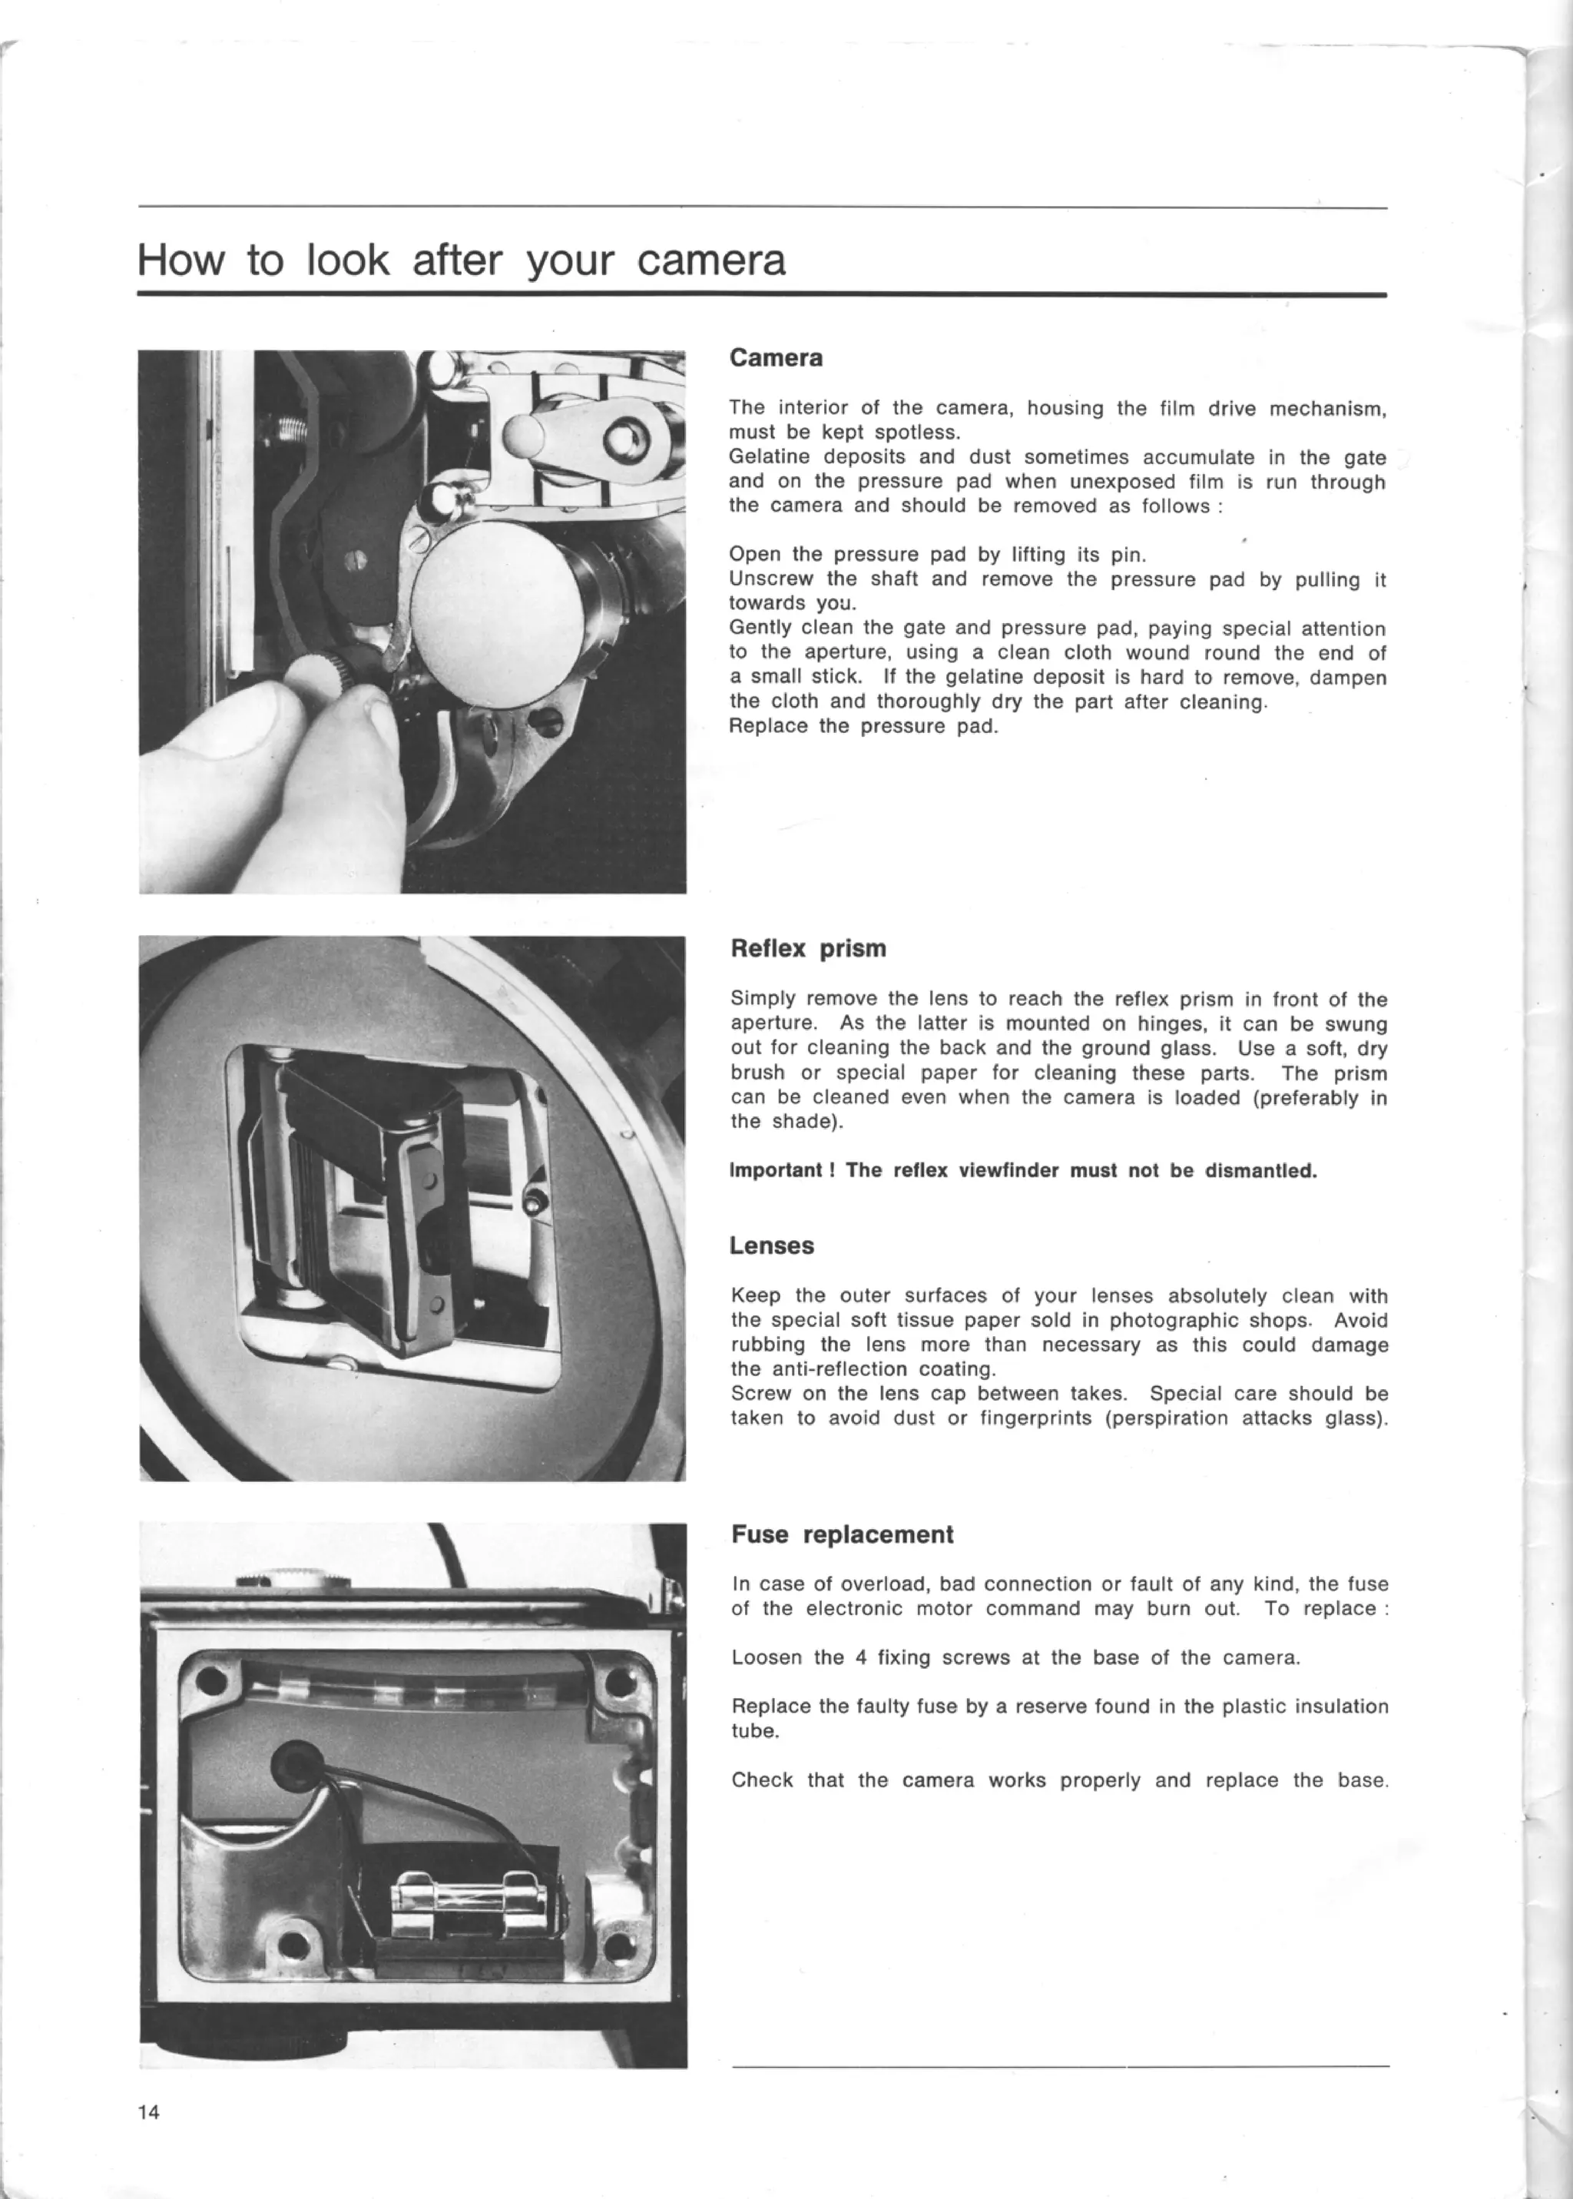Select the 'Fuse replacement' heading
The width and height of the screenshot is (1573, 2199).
click(x=842, y=1534)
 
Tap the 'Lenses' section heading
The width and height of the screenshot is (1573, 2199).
click(x=771, y=1245)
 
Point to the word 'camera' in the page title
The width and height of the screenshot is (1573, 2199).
click(x=711, y=261)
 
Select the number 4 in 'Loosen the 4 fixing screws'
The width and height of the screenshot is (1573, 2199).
click(x=860, y=1657)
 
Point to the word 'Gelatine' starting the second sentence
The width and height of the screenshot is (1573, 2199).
click(x=768, y=457)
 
